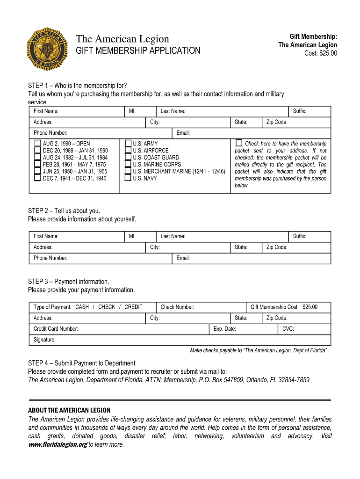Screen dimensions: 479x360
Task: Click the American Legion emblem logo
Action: [x=49, y=48]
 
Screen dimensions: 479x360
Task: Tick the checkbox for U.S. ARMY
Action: [x=128, y=144]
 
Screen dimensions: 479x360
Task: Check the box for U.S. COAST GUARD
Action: [x=128, y=158]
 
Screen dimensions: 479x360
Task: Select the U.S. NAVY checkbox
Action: [x=128, y=178]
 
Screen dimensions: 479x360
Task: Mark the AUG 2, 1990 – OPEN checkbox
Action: [x=37, y=144]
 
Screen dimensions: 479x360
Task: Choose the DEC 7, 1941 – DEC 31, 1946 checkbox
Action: [x=37, y=178]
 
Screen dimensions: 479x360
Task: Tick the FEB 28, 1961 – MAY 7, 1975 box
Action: [x=37, y=165]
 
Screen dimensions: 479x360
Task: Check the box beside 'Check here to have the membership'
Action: [x=239, y=143]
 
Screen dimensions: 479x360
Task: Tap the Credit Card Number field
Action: [x=140, y=329]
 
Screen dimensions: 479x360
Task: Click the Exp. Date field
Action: [x=255, y=329]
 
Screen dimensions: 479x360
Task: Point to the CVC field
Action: [x=311, y=329]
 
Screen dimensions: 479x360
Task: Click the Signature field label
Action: [x=44, y=340]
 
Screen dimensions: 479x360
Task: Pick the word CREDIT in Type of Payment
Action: [x=133, y=307]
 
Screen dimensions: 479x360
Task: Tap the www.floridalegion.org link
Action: [x=58, y=445]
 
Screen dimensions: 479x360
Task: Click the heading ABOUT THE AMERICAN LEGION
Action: [x=69, y=410]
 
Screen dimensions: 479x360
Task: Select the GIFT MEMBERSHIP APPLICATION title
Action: [x=138, y=51]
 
